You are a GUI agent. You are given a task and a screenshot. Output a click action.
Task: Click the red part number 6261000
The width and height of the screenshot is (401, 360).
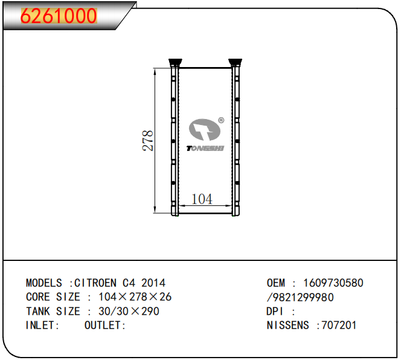point(59,16)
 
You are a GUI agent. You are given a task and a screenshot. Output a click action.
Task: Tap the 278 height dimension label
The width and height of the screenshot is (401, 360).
point(147,141)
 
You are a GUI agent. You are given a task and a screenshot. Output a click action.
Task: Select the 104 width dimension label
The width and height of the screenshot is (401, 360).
point(202,199)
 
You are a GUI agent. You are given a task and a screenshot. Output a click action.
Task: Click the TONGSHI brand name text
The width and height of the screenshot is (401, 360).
point(205,149)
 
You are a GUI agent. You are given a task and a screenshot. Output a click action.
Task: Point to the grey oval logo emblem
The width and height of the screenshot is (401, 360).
point(204,129)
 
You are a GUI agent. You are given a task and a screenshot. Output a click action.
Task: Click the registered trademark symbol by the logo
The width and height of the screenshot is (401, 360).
point(221,120)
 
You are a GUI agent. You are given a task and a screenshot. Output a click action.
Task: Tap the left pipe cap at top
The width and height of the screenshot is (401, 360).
point(175,62)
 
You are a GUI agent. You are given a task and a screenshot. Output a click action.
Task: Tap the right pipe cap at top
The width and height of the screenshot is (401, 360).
point(235,62)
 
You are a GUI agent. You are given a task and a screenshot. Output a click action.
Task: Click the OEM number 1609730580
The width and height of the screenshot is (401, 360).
point(333,283)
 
